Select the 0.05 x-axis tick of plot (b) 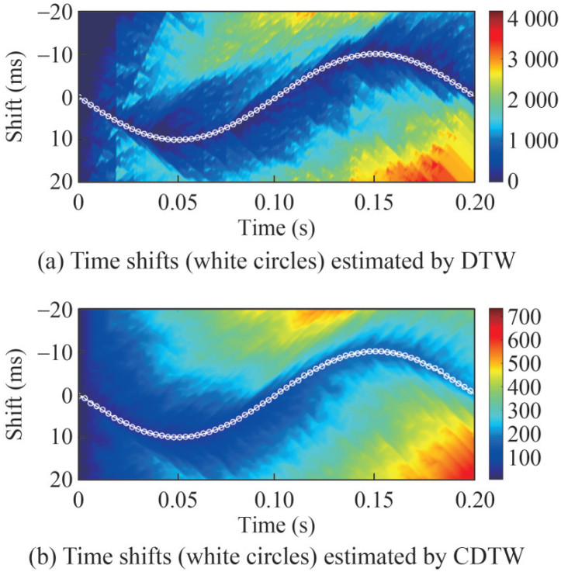tap(178, 498)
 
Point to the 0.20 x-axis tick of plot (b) tap(470, 498)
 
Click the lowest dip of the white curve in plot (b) tap(177, 437)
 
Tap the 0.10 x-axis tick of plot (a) tap(276, 203)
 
